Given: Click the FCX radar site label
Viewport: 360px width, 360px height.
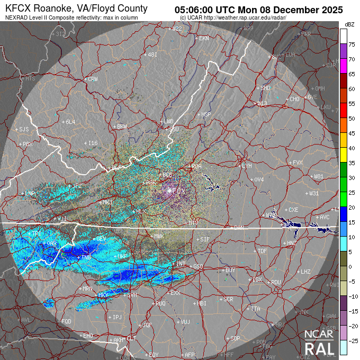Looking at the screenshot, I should coord(179,191).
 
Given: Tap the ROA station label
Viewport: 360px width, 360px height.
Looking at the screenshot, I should coord(196,166).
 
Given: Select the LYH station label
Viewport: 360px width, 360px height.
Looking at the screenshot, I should coord(246,166).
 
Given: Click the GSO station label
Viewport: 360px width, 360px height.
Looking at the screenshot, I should coord(198,266).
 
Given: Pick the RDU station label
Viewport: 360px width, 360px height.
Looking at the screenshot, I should coord(275,282).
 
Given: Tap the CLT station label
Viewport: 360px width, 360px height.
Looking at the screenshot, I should coord(131,338).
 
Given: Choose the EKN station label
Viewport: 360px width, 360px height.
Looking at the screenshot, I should coord(204,39).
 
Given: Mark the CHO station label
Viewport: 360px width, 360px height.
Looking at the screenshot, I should coord(294,99).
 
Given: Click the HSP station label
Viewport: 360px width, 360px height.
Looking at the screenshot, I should coord(206,114).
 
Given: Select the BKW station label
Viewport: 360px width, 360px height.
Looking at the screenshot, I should coord(122,127).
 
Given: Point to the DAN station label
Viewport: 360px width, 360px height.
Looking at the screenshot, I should coord(239,227).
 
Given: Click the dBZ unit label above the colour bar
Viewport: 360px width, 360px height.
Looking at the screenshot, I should coord(349,24).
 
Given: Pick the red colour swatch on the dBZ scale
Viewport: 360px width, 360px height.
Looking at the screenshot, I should coord(344,109).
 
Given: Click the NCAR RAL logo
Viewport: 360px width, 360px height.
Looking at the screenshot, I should coord(319,342).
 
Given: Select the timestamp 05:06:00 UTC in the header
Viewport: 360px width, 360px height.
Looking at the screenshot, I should coord(213,10).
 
